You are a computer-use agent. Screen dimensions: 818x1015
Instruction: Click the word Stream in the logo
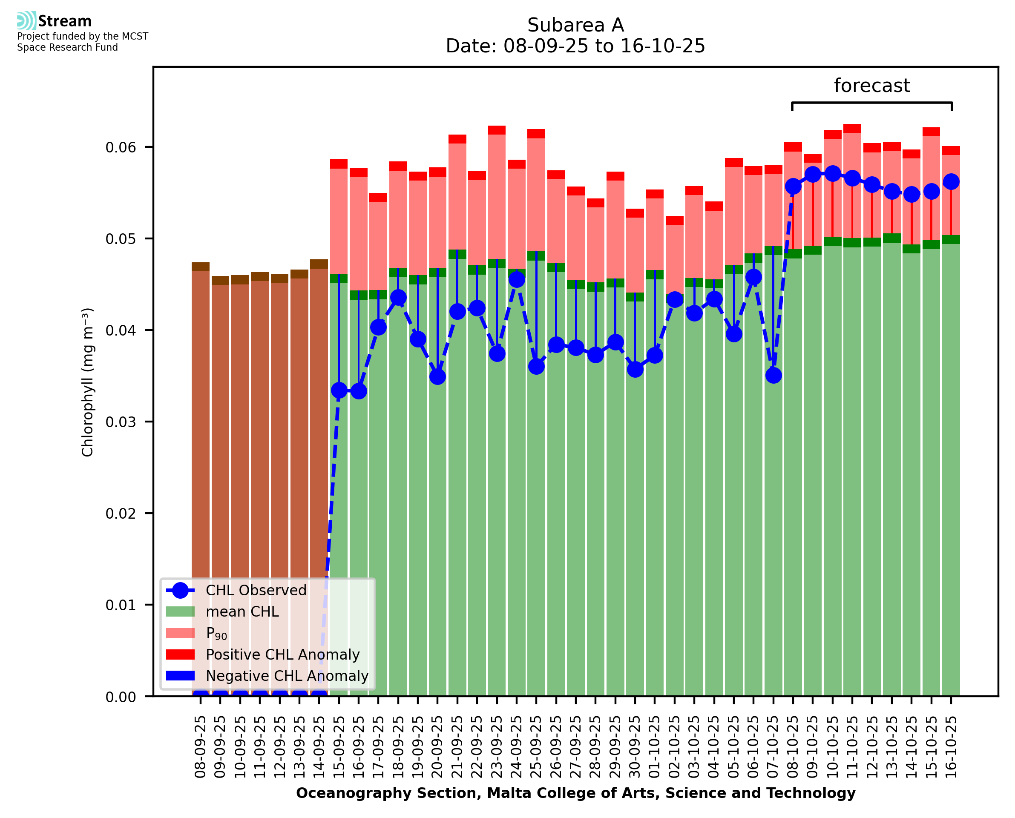click(x=65, y=21)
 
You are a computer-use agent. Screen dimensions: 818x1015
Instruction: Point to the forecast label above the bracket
click(x=871, y=86)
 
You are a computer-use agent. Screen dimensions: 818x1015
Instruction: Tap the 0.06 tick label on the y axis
click(x=120, y=147)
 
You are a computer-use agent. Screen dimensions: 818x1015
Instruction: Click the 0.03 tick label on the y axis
click(x=120, y=422)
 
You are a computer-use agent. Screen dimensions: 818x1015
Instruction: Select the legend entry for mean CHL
click(x=242, y=611)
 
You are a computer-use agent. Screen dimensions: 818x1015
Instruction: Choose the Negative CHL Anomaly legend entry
click(x=287, y=676)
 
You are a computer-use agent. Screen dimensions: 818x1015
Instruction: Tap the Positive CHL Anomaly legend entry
click(x=282, y=654)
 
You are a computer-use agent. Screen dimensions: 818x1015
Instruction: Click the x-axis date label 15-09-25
click(x=339, y=747)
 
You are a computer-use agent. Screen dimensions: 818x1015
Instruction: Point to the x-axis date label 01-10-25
click(x=655, y=747)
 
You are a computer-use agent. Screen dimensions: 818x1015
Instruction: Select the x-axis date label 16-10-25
click(x=951, y=747)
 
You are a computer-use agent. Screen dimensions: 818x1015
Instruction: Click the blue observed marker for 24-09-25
click(x=517, y=280)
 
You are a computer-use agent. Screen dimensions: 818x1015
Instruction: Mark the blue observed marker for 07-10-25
click(x=773, y=376)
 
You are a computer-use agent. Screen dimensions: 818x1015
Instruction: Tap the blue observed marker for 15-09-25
click(x=339, y=390)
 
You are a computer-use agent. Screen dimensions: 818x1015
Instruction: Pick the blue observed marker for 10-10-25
click(x=833, y=174)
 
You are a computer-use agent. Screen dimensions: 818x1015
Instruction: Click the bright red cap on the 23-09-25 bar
click(x=497, y=130)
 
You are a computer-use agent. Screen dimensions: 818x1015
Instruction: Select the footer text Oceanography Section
click(x=388, y=793)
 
